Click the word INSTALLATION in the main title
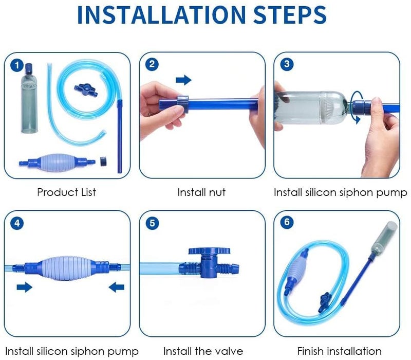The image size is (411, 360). tap(161, 15)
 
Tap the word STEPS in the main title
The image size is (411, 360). tap(290, 15)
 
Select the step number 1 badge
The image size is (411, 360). tap(17, 65)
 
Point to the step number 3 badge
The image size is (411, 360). tap(287, 64)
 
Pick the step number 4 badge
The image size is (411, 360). tap(17, 223)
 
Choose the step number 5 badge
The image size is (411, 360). tap(152, 223)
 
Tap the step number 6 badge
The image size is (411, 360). tap(287, 223)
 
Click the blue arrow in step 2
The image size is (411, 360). tap(183, 80)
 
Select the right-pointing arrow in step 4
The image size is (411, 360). tap(24, 287)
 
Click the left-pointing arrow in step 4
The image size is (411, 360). tap(117, 287)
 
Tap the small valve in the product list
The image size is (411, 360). tap(86, 91)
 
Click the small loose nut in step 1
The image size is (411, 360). tap(104, 161)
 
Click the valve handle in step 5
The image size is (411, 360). tap(209, 251)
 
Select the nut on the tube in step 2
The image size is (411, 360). tap(183, 104)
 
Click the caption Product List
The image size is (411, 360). tap(67, 192)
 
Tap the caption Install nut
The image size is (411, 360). tap(201, 192)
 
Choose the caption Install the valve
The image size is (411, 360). tap(203, 351)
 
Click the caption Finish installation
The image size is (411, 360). tap(339, 351)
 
